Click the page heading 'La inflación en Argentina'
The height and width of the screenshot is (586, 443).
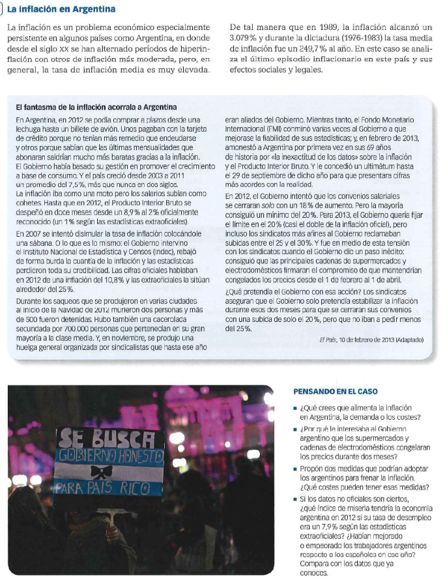pyautogui.click(x=62, y=9)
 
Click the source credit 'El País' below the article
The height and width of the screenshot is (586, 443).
pyautogui.click(x=328, y=340)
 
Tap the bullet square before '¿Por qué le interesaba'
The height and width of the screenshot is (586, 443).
pyautogui.click(x=295, y=430)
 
